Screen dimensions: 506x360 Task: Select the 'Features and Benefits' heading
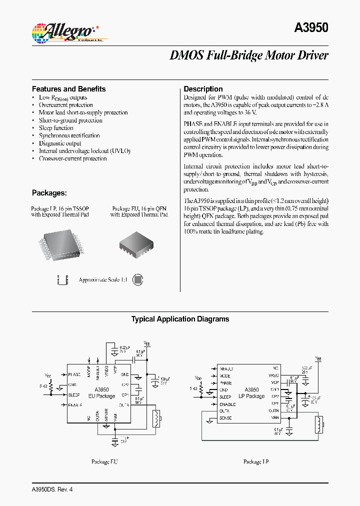click(69, 89)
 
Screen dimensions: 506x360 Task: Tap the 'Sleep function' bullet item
click(56, 128)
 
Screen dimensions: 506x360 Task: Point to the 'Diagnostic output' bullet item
click(60, 143)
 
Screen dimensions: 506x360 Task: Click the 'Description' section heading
click(203, 89)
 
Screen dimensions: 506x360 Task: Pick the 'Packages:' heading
click(49, 193)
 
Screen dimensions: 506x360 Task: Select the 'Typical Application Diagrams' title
click(180, 319)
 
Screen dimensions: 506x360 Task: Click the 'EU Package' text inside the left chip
click(102, 396)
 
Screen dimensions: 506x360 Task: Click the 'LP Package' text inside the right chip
click(252, 396)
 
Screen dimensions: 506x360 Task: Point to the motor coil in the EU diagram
click(156, 419)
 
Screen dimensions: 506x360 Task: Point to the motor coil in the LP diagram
click(318, 425)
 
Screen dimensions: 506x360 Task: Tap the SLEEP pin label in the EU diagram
click(74, 395)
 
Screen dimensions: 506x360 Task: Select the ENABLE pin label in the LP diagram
click(227, 404)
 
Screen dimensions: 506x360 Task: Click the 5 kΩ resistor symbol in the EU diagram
click(51, 386)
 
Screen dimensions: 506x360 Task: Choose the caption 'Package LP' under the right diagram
click(256, 462)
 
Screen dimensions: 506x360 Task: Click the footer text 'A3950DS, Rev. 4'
click(49, 489)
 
